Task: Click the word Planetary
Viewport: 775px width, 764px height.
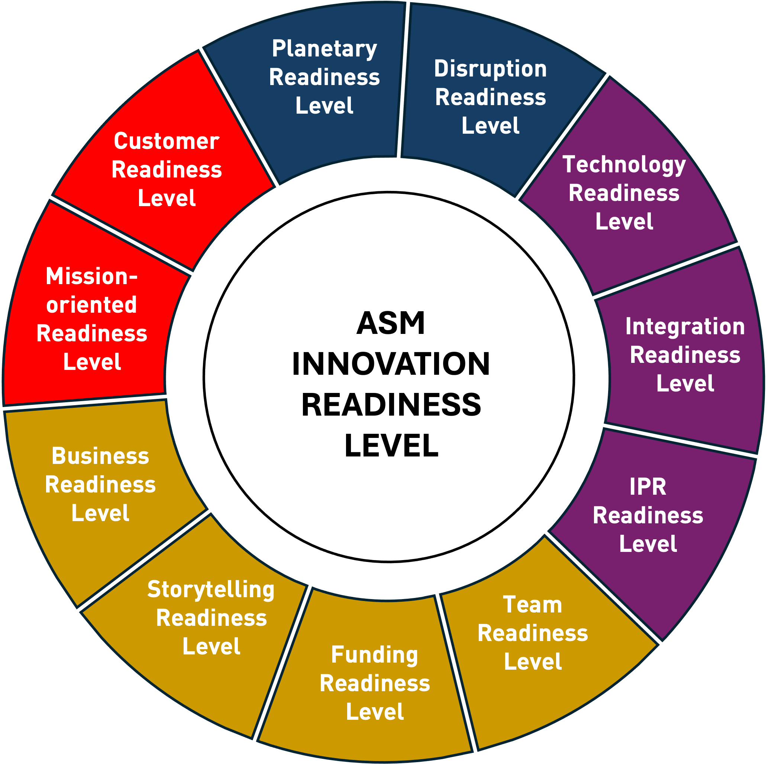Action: (x=324, y=49)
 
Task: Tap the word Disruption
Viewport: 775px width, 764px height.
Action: (x=490, y=69)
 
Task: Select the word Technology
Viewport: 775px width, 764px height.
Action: (x=624, y=165)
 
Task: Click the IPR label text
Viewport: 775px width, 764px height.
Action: (x=648, y=487)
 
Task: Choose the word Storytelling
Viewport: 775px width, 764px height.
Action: (x=211, y=590)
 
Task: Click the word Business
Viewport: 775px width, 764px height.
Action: (x=100, y=456)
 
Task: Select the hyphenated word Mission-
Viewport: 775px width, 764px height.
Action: (x=91, y=277)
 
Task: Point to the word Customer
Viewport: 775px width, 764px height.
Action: (x=167, y=142)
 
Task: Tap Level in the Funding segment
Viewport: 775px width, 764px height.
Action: (x=374, y=712)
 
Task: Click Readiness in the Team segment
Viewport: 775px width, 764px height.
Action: (x=532, y=633)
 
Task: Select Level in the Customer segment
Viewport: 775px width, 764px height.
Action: (x=167, y=198)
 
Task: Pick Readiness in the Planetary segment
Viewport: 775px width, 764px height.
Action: (x=324, y=77)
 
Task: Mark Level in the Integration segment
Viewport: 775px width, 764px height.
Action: (x=685, y=383)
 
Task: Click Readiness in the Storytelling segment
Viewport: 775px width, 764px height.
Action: (x=211, y=618)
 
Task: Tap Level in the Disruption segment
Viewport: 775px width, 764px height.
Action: (x=490, y=126)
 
